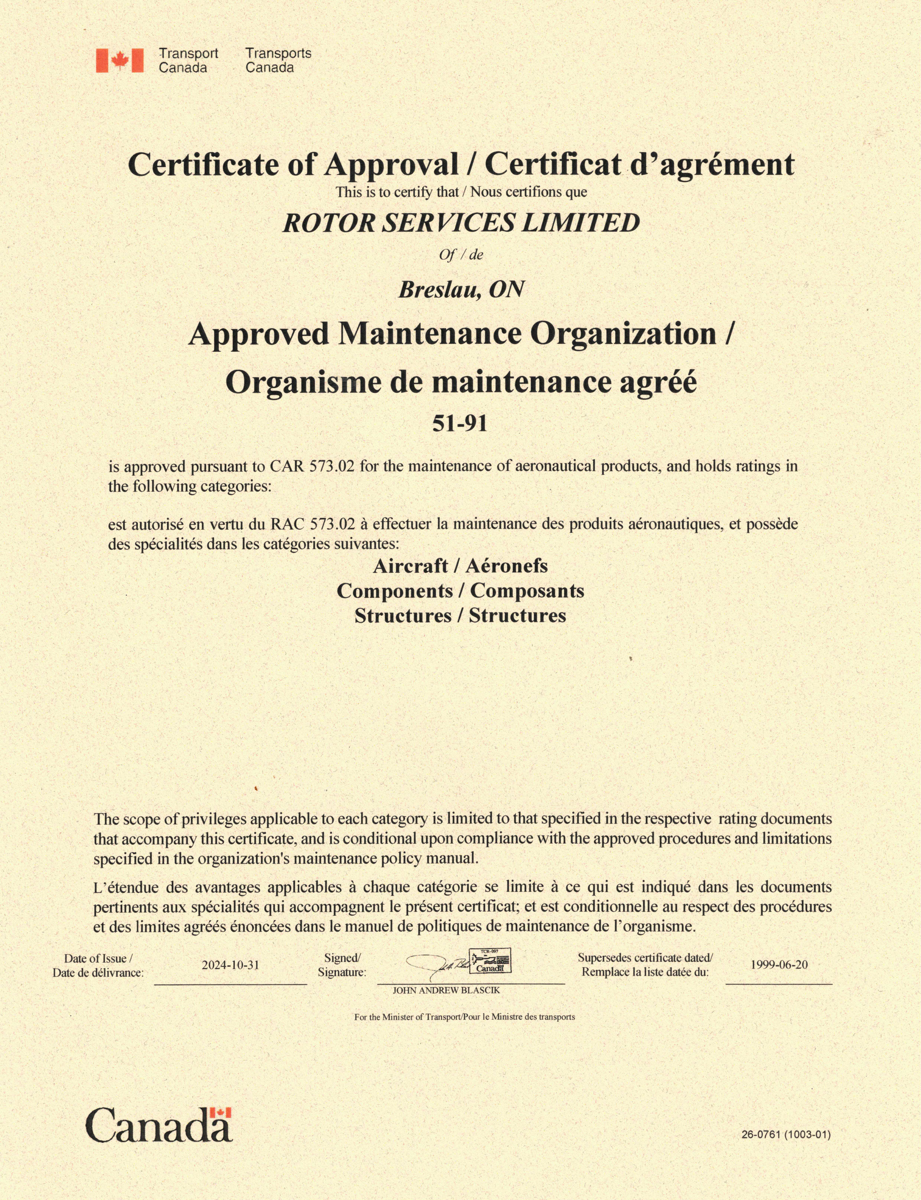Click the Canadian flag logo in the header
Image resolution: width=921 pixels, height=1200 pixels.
[x=120, y=60]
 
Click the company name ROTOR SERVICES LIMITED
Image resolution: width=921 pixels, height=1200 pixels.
[x=461, y=223]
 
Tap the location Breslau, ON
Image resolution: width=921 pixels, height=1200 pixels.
[x=461, y=289]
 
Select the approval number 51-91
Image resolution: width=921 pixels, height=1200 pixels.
[x=459, y=424]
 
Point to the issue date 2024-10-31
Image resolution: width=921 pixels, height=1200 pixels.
[x=230, y=965]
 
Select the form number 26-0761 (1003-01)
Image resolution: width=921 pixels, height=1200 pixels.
[x=785, y=1135]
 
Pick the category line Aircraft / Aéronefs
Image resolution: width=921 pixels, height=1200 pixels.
[x=460, y=565]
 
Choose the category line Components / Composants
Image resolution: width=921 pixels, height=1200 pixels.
[x=460, y=591]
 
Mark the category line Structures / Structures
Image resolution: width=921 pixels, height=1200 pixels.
[x=460, y=615]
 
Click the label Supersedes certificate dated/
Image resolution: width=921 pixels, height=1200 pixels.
[x=645, y=958]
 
